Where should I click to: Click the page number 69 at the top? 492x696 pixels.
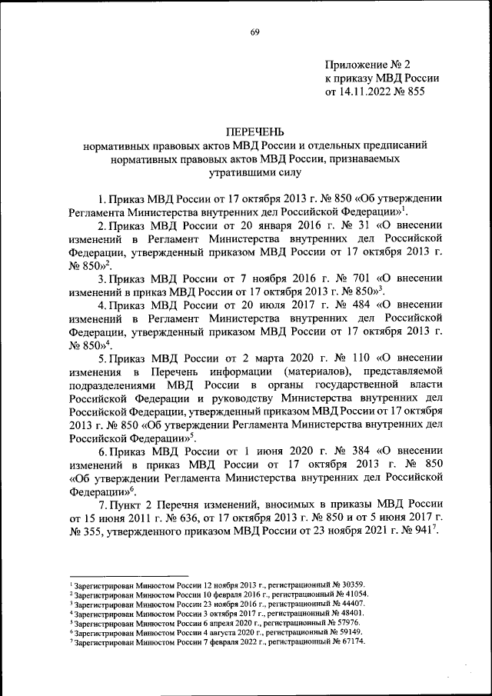click(x=254, y=31)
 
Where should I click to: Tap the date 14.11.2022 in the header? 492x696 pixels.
click(x=367, y=92)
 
